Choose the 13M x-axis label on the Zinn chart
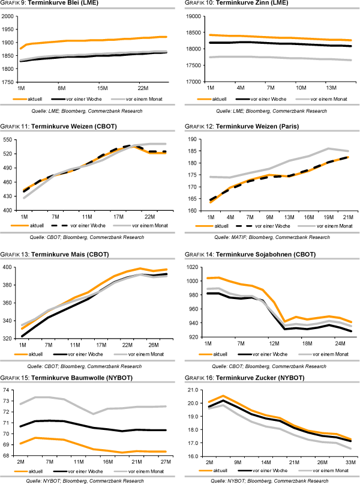tap(332, 86)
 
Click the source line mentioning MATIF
tap(268, 237)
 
